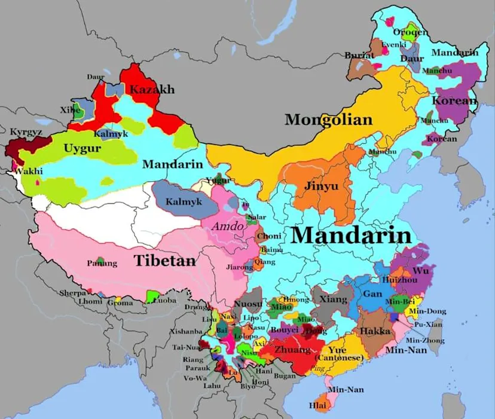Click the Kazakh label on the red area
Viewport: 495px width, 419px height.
coord(152,90)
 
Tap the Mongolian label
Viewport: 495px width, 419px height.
coord(328,120)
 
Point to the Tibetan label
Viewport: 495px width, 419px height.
coord(164,261)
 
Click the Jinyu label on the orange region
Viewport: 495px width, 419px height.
coord(321,186)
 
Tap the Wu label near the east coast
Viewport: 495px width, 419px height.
coord(421,270)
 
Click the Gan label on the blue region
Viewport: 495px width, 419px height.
coord(372,293)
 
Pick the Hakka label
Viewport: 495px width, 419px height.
coord(375,331)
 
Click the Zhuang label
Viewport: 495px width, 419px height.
coord(293,349)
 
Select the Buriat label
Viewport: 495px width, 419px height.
coord(359,55)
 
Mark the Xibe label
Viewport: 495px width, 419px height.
coord(69,110)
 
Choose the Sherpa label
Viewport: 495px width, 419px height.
coord(73,293)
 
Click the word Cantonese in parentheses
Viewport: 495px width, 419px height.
coord(343,358)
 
